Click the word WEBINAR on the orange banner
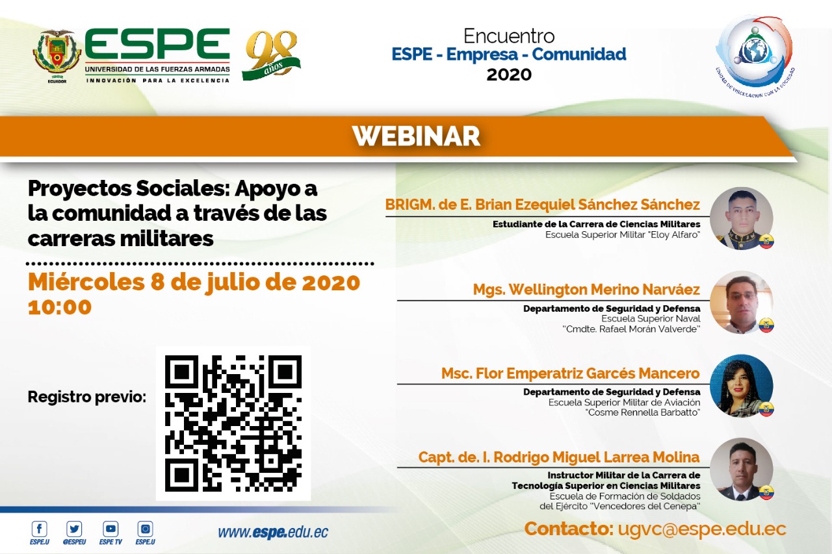point(416,136)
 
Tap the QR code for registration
point(233,423)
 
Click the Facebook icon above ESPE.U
point(40,529)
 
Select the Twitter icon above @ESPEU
point(74,529)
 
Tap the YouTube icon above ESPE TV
point(110,529)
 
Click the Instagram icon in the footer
point(145,529)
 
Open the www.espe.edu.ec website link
point(273,533)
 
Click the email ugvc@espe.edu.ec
point(702,529)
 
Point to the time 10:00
point(60,307)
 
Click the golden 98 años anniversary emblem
point(272,56)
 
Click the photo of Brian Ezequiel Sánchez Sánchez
point(742,218)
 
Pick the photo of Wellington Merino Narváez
point(742,302)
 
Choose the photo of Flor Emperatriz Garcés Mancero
point(742,386)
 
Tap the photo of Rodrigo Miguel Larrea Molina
point(742,470)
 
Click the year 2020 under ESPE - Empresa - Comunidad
point(509,75)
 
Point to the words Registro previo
point(87,397)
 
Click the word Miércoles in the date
point(86,282)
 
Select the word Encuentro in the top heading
point(509,36)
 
